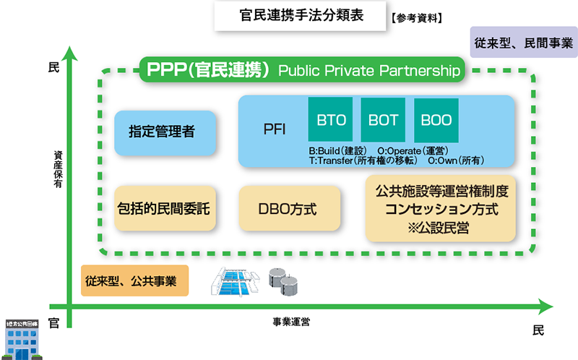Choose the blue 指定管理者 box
[165, 132]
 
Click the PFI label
[275, 130]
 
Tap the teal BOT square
[384, 119]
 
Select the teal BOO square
[436, 119]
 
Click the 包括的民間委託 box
[165, 209]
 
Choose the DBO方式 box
[288, 209]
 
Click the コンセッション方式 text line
[441, 210]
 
